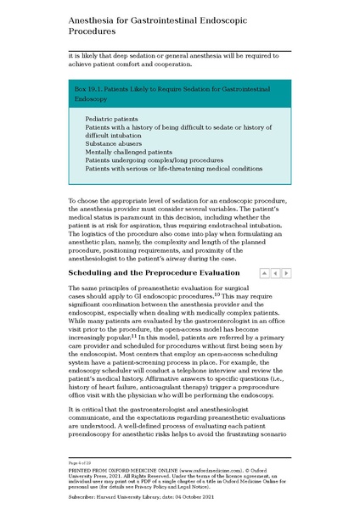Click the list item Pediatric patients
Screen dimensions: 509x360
point(112,119)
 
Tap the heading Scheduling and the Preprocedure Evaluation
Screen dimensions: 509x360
point(152,273)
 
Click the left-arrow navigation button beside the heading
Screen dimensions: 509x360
point(276,273)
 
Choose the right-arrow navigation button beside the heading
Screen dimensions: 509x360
point(286,273)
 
